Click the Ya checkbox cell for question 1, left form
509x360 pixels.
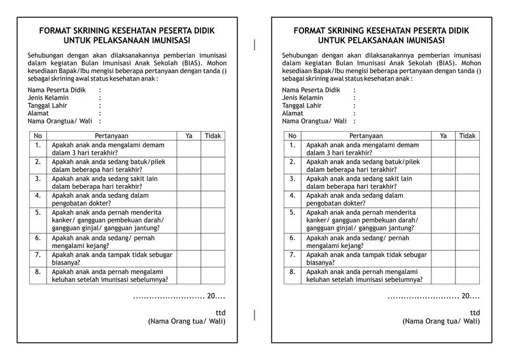pyautogui.click(x=189, y=149)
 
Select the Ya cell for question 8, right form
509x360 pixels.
pyautogui.click(x=443, y=275)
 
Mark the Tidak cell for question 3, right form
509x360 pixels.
pyautogui.click(x=468, y=183)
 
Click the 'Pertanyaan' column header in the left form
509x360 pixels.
pyautogui.click(x=111, y=135)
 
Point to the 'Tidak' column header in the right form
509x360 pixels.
pyautogui.click(x=468, y=135)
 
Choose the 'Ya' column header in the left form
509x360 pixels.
pyautogui.click(x=189, y=135)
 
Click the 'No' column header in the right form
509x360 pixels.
pyautogui.click(x=292, y=135)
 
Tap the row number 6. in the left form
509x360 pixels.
pyautogui.click(x=38, y=238)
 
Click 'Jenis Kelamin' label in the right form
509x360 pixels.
pyautogui.click(x=303, y=98)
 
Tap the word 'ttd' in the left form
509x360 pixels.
pyautogui.click(x=220, y=312)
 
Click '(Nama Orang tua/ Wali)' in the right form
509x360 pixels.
pyautogui.click(x=441, y=321)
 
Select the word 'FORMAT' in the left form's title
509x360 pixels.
pyautogui.click(x=57, y=30)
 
